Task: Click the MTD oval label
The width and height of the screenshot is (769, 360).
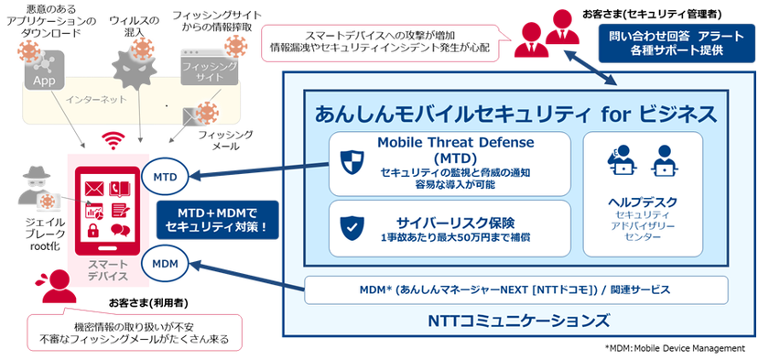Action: [165, 175]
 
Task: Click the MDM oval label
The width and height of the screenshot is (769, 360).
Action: [165, 263]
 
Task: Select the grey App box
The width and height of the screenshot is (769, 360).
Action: [41, 79]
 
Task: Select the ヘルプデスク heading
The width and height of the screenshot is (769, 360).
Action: [643, 201]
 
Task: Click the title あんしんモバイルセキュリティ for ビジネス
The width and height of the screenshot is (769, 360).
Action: [514, 114]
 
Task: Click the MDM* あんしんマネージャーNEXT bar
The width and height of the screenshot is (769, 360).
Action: [515, 289]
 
